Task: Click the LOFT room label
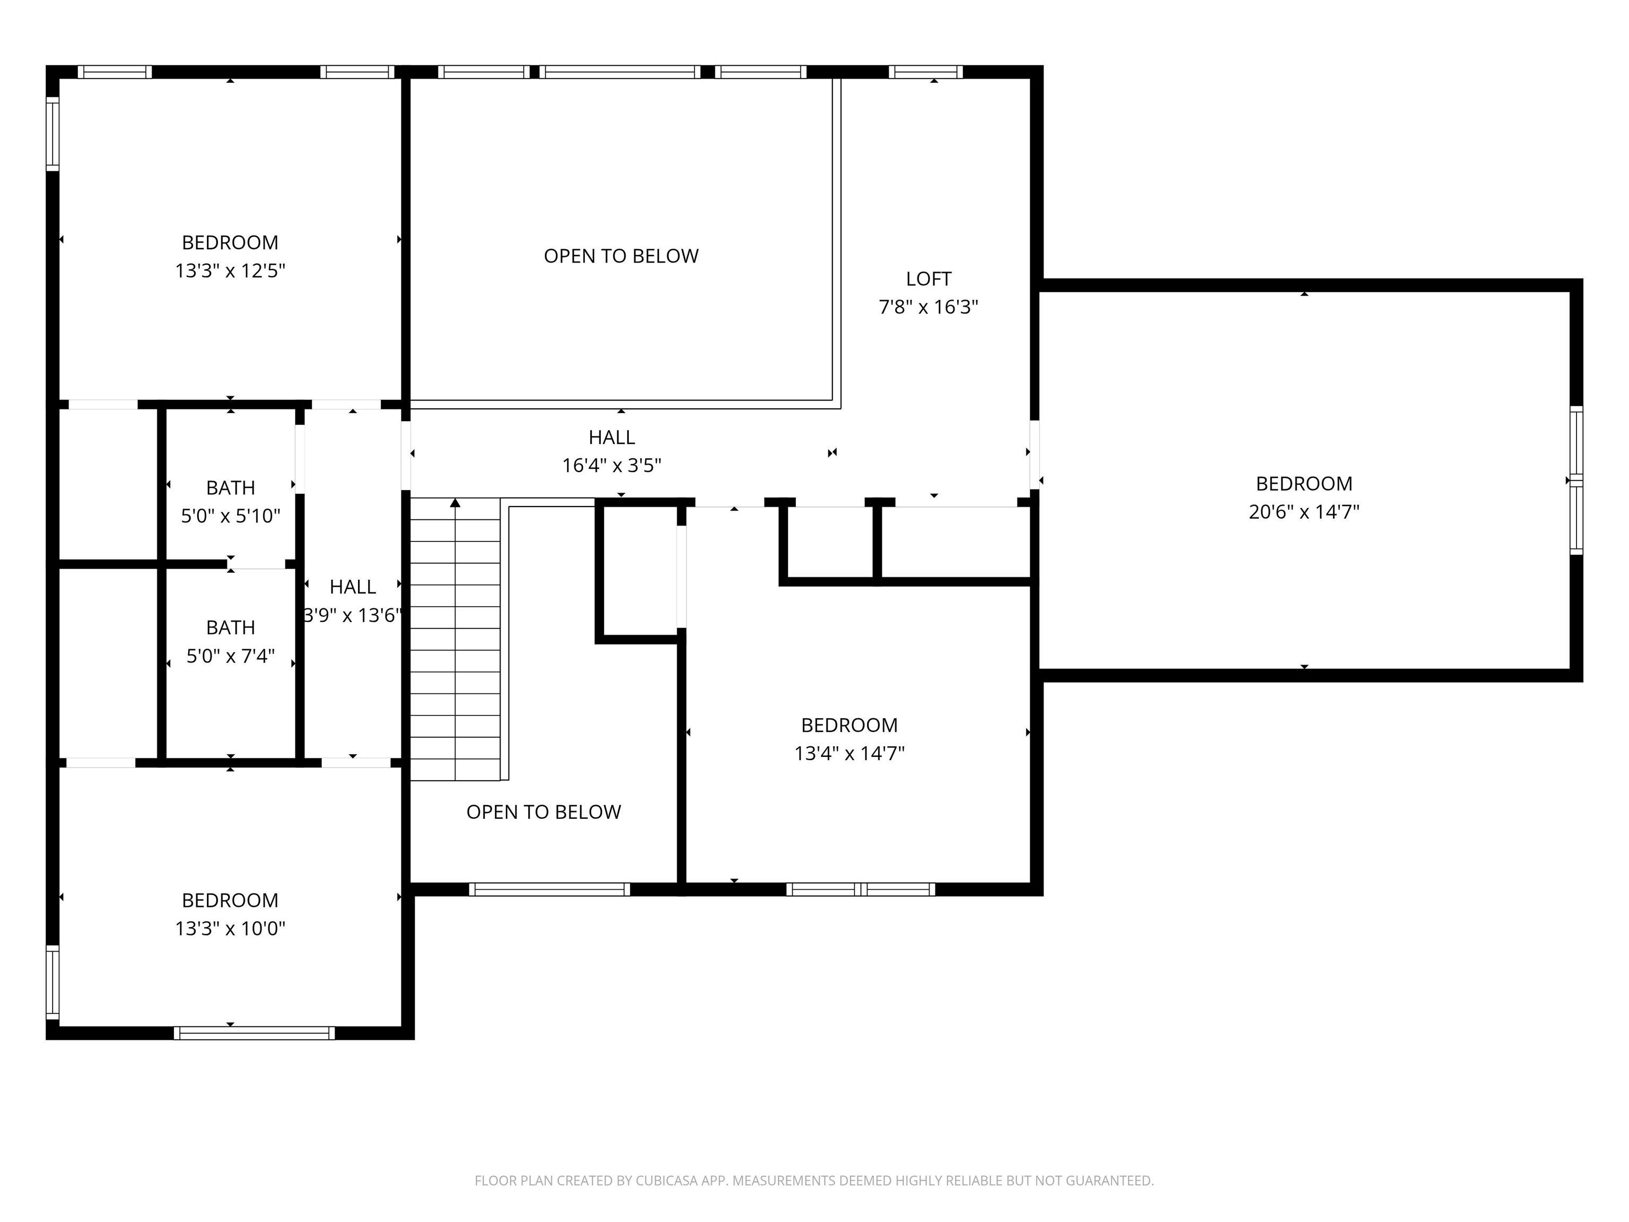pos(928,279)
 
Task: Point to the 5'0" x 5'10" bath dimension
pos(231,516)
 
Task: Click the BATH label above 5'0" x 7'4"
pos(231,627)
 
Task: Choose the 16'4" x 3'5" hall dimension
pos(611,466)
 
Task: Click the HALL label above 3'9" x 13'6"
pos(353,587)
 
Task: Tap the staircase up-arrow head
pos(455,503)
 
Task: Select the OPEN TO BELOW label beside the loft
pos(621,256)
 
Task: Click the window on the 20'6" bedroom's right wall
pos(1576,480)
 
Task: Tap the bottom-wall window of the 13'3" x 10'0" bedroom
pos(254,1033)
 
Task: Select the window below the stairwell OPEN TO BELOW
pos(549,889)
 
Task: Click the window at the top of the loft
pos(926,72)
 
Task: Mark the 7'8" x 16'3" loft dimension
pos(928,307)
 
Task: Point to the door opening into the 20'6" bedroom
pos(1034,455)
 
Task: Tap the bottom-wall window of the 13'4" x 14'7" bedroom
pos(861,889)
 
